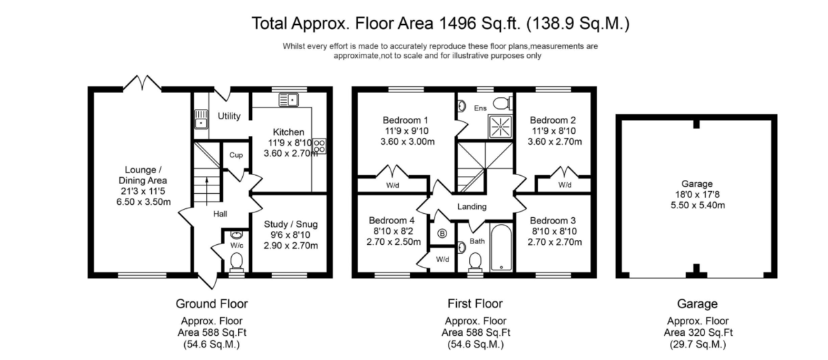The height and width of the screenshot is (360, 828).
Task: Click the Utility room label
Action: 229,116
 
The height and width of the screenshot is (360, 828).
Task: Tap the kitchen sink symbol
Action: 288,100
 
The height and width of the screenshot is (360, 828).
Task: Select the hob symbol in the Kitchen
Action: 319,146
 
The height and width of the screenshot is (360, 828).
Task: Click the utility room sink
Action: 201,119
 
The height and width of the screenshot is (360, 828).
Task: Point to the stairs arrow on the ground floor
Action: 207,190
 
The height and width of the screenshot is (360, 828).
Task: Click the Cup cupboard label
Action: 236,155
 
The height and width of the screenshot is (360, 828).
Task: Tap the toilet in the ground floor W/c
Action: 236,261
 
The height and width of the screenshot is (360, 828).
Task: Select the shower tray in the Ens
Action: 500,126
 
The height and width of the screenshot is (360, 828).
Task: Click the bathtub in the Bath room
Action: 501,248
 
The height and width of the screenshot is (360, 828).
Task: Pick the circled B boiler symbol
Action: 442,234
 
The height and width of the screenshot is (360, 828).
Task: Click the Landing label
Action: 472,207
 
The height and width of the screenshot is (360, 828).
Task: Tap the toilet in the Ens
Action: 503,103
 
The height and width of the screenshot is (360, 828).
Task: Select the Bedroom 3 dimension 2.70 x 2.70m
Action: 555,242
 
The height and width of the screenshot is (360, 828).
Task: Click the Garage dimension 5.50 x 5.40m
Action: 698,205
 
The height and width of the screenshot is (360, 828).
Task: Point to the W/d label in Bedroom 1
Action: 393,186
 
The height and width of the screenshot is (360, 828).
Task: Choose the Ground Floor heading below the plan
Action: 212,304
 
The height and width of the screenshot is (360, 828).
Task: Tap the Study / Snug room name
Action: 290,224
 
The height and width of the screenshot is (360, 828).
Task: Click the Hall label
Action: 220,214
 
